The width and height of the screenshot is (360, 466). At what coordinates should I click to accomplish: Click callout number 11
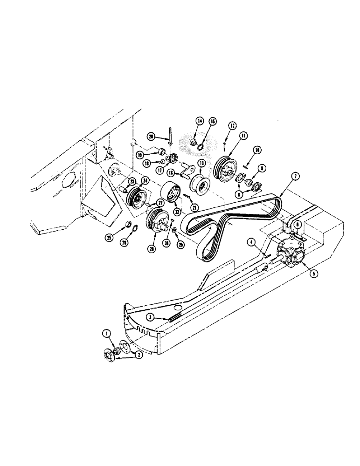click(242, 136)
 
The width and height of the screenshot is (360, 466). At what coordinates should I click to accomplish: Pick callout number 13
click(201, 164)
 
